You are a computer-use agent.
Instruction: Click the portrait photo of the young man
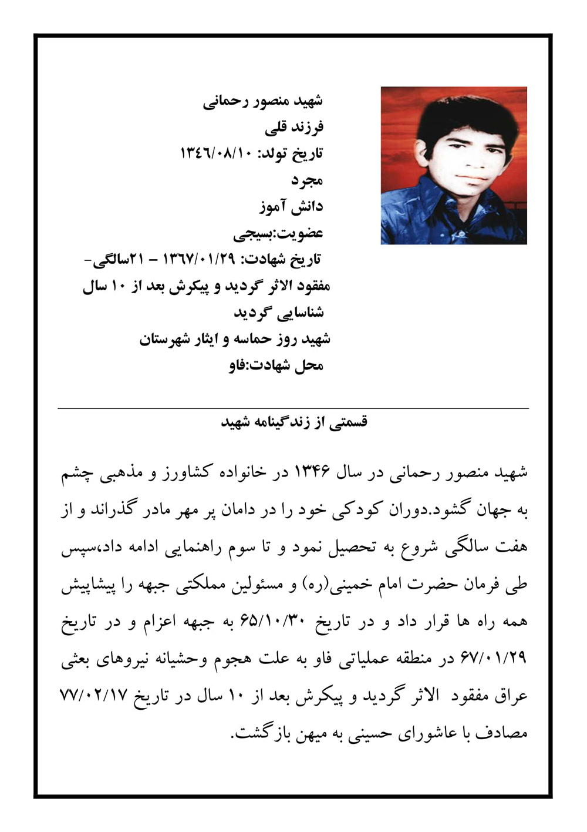453,166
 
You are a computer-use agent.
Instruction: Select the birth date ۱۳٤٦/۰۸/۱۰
215,154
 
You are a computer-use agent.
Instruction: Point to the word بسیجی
254,233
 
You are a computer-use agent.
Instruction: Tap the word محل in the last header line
308,365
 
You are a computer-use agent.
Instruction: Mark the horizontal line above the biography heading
293,408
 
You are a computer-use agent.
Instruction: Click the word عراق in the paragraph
512,696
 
